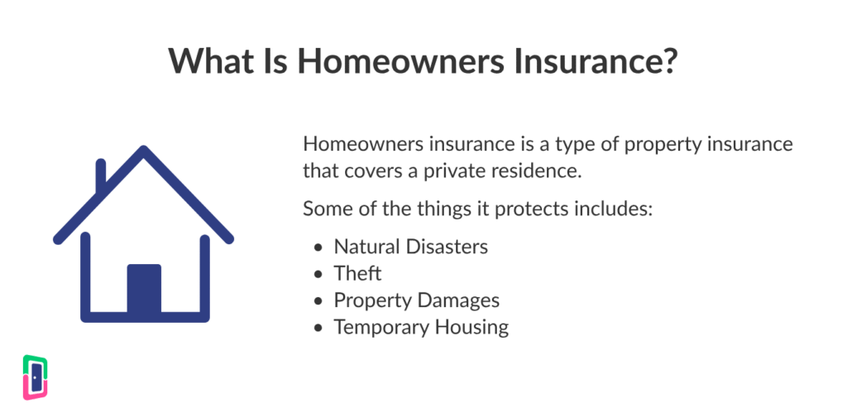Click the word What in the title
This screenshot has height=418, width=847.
[211, 60]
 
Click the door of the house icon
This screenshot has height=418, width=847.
[144, 288]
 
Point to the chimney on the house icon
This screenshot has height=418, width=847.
[100, 175]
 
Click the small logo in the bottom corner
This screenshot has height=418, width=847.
[35, 377]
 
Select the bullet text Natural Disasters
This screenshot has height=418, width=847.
[410, 247]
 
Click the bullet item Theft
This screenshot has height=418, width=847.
[357, 274]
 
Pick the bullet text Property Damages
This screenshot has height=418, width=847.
[417, 300]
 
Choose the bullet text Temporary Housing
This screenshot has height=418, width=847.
[421, 327]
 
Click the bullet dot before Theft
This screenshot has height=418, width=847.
[318, 274]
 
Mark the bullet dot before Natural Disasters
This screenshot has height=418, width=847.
[318, 247]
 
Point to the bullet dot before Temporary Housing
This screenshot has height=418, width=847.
[318, 328]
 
